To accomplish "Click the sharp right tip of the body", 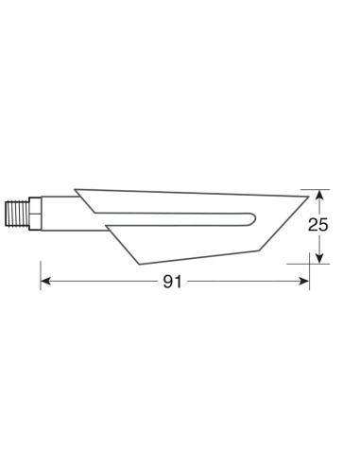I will (309, 189).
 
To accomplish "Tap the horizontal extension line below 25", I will (321, 264).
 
